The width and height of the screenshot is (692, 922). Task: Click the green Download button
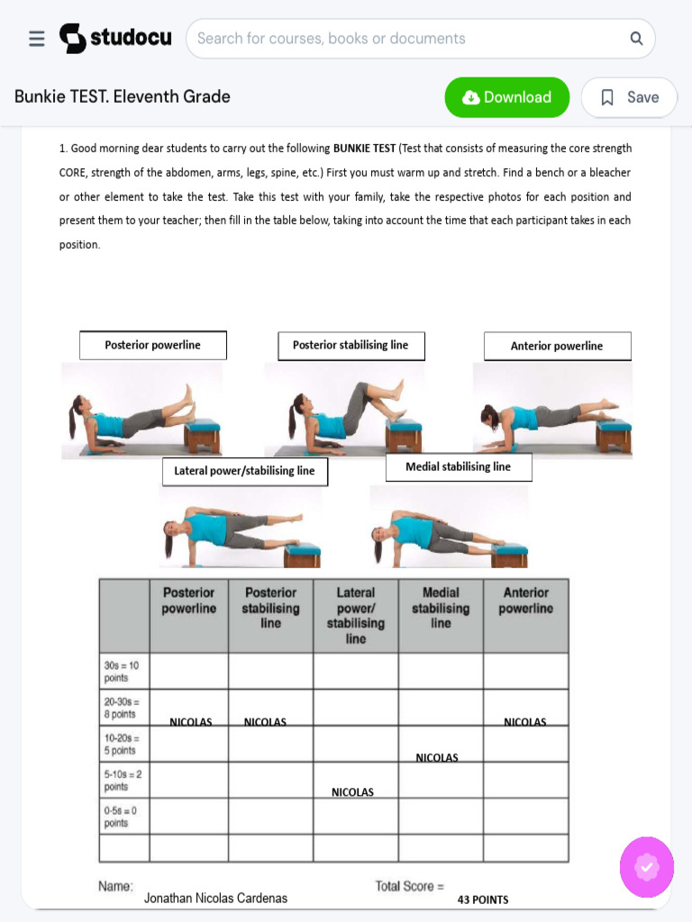(506, 97)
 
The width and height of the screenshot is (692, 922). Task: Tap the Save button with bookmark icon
(629, 97)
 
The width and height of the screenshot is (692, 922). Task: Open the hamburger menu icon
(37, 39)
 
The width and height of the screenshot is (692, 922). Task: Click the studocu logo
(115, 39)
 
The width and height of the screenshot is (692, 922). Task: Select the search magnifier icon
(636, 39)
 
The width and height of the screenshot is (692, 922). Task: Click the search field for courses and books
(405, 39)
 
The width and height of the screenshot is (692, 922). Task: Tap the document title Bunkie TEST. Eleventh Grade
(123, 96)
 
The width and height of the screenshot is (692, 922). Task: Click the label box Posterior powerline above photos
(153, 345)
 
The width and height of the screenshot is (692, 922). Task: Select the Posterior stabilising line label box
(351, 346)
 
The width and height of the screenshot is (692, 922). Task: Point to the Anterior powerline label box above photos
(557, 346)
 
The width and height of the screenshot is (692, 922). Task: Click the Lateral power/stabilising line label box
(244, 471)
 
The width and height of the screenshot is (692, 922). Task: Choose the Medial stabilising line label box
(459, 467)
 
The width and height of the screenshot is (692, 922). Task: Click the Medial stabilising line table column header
(441, 608)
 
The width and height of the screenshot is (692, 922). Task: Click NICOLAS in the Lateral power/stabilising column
(352, 792)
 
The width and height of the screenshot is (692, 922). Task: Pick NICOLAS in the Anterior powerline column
(525, 722)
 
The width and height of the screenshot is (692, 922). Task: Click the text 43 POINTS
(483, 899)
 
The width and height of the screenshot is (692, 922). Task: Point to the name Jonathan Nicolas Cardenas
(215, 898)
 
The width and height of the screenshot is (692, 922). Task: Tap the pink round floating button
(646, 867)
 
